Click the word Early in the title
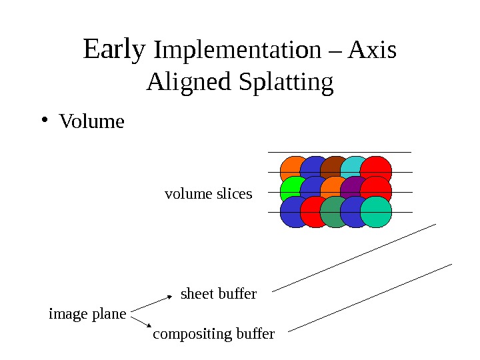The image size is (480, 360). (x=114, y=49)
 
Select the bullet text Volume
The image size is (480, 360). (x=92, y=122)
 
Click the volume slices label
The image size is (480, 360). (x=208, y=194)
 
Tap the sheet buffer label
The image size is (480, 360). (x=219, y=293)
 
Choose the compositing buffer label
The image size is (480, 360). (x=213, y=333)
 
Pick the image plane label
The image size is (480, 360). (x=87, y=313)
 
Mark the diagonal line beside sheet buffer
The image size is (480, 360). (x=353, y=257)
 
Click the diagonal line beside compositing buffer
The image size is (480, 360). (x=370, y=297)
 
